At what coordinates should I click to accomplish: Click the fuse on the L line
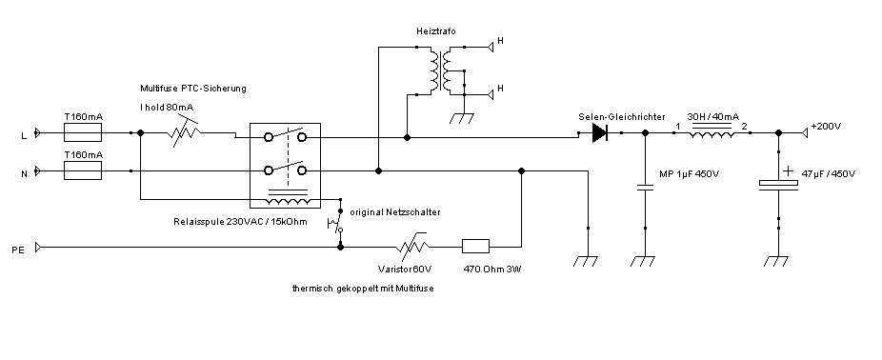click(x=83, y=133)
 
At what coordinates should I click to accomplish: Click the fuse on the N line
click(x=83, y=170)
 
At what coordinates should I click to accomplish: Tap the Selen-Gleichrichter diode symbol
click(x=600, y=133)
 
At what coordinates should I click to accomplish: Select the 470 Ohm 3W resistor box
click(x=475, y=247)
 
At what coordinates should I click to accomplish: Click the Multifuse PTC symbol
click(x=184, y=133)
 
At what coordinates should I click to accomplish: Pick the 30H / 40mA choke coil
click(x=712, y=132)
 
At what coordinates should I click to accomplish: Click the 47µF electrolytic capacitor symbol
click(x=778, y=186)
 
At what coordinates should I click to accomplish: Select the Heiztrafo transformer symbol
click(x=440, y=70)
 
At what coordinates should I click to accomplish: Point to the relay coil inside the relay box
click(x=288, y=199)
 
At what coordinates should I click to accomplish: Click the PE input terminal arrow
click(x=38, y=247)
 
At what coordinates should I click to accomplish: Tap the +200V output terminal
click(x=806, y=132)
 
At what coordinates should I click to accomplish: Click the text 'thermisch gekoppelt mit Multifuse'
click(x=363, y=289)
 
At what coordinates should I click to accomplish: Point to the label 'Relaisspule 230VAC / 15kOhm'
click(x=241, y=222)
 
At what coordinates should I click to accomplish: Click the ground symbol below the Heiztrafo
click(x=464, y=118)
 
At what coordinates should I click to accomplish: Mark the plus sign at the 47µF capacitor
click(x=789, y=170)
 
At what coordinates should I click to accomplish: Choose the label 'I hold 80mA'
click(x=167, y=107)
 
